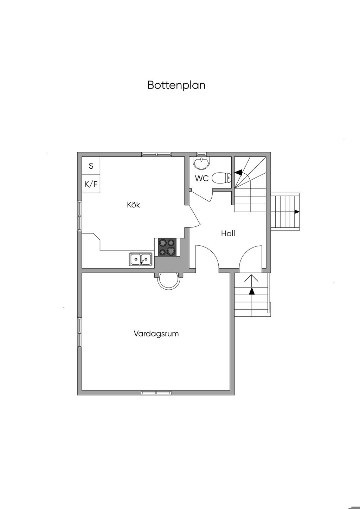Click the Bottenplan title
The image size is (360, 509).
click(176, 85)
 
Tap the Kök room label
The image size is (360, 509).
click(134, 205)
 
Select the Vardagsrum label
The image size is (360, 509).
click(156, 334)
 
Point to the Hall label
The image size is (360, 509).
click(228, 233)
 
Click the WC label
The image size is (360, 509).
click(202, 179)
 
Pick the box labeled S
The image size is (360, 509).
click(91, 166)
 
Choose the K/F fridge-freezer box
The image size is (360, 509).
click(91, 184)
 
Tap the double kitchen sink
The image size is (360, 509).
click(141, 259)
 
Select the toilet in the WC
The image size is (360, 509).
click(221, 178)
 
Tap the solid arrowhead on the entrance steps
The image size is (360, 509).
click(252, 291)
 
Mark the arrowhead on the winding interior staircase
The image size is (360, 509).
click(238, 173)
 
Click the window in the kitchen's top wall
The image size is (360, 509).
click(157, 154)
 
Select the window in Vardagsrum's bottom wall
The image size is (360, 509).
click(156, 392)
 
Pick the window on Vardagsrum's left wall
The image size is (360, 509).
click(80, 333)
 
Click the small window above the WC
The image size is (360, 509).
click(201, 154)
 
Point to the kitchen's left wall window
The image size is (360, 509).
click(80, 216)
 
